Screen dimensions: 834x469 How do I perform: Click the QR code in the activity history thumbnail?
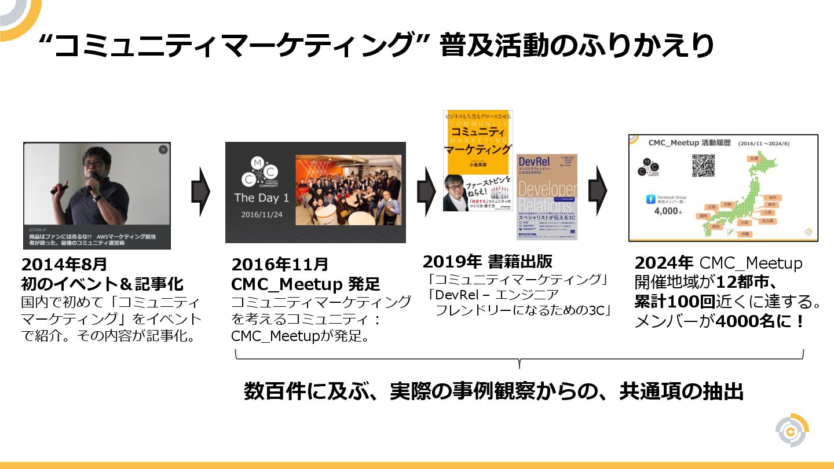(703, 165)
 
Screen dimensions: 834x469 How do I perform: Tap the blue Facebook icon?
(650, 199)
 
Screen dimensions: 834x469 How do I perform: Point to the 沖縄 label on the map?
(744, 234)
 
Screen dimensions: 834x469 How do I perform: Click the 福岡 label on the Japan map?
(703, 215)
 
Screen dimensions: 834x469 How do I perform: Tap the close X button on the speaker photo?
(163, 149)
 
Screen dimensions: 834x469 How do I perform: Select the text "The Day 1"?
(261, 198)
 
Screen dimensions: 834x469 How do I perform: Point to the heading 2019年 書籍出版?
(487, 261)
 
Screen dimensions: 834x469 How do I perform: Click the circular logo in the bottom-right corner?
(792, 431)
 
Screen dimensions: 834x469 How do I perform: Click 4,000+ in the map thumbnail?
(665, 211)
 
